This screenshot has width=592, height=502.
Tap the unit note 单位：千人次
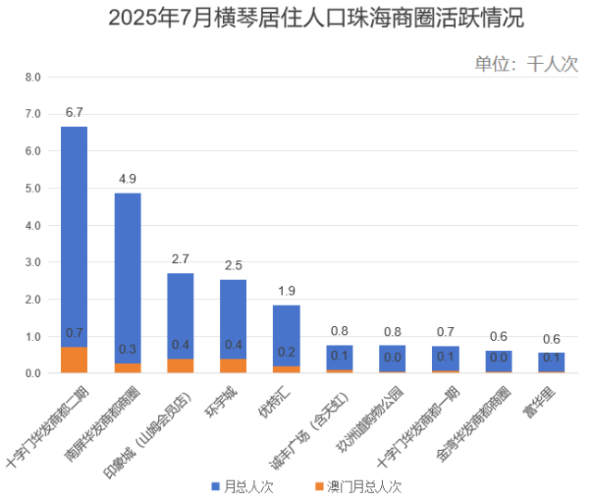point(525,63)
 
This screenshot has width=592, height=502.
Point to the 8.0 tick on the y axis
point(32,78)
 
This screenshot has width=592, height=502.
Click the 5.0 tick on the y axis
point(32,189)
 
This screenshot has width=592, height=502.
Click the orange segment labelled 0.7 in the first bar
point(74,360)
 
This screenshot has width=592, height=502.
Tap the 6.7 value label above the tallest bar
point(74,113)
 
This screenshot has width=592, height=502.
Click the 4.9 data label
point(128,179)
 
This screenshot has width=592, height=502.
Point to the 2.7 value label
point(180,259)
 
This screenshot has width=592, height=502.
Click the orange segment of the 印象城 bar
point(180,366)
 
